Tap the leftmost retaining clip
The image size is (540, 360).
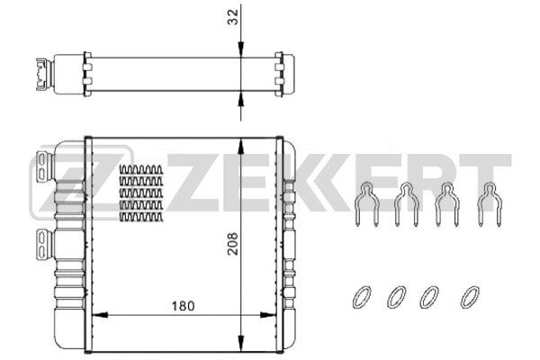[x=364, y=205]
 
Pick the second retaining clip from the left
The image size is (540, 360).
[x=406, y=205]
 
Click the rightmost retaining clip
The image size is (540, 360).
[x=489, y=205]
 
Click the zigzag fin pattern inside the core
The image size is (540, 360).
[x=141, y=193]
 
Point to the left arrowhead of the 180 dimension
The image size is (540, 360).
[x=100, y=316]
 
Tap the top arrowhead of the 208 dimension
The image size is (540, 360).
[x=240, y=143]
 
